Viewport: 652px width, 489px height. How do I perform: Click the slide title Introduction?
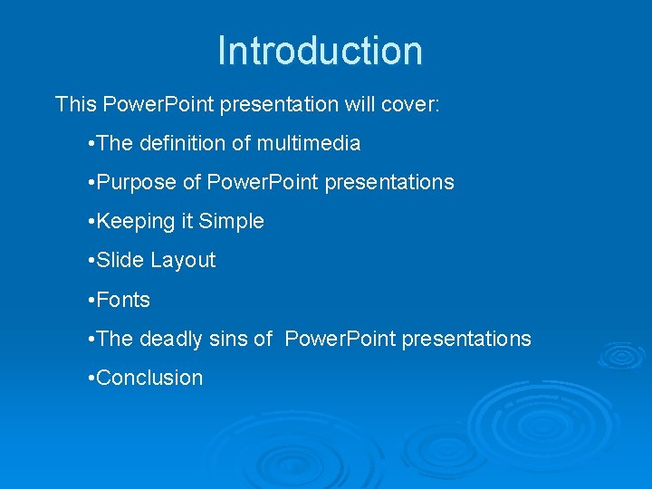pos(320,51)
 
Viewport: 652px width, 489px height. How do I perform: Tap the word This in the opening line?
pos(75,104)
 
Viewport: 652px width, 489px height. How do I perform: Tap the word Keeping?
pos(135,222)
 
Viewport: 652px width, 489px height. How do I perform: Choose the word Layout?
pos(183,261)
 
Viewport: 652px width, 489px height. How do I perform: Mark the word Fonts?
pos(123,300)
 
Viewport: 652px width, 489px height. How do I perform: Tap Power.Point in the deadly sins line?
pos(340,339)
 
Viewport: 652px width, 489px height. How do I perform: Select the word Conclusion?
pos(149,378)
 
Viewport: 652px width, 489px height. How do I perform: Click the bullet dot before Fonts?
pos(91,300)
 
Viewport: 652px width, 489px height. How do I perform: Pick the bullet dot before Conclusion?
pos(91,378)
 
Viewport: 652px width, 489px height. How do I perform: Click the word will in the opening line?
pos(355,104)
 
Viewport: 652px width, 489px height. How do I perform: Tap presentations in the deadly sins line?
pos(466,339)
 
